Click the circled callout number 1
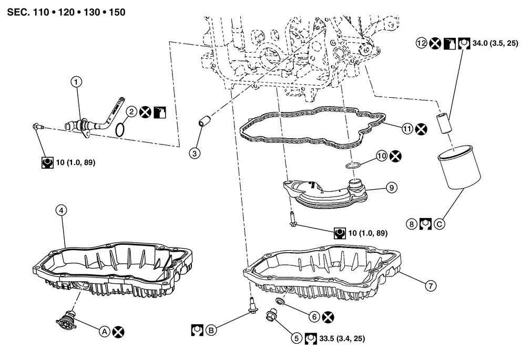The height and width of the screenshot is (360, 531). (77, 81)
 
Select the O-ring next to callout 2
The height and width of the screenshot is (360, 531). (120, 129)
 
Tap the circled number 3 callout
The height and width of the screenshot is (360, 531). (195, 153)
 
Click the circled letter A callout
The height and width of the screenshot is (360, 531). (104, 331)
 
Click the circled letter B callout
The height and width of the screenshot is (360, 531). (211, 330)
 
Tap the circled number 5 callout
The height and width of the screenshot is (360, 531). (297, 339)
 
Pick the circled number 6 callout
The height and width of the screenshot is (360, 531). (314, 316)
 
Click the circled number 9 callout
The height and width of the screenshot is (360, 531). (391, 187)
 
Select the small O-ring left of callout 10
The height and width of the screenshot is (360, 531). (354, 166)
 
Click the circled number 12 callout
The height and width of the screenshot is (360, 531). (421, 44)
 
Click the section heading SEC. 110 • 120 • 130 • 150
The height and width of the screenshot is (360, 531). (66, 12)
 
